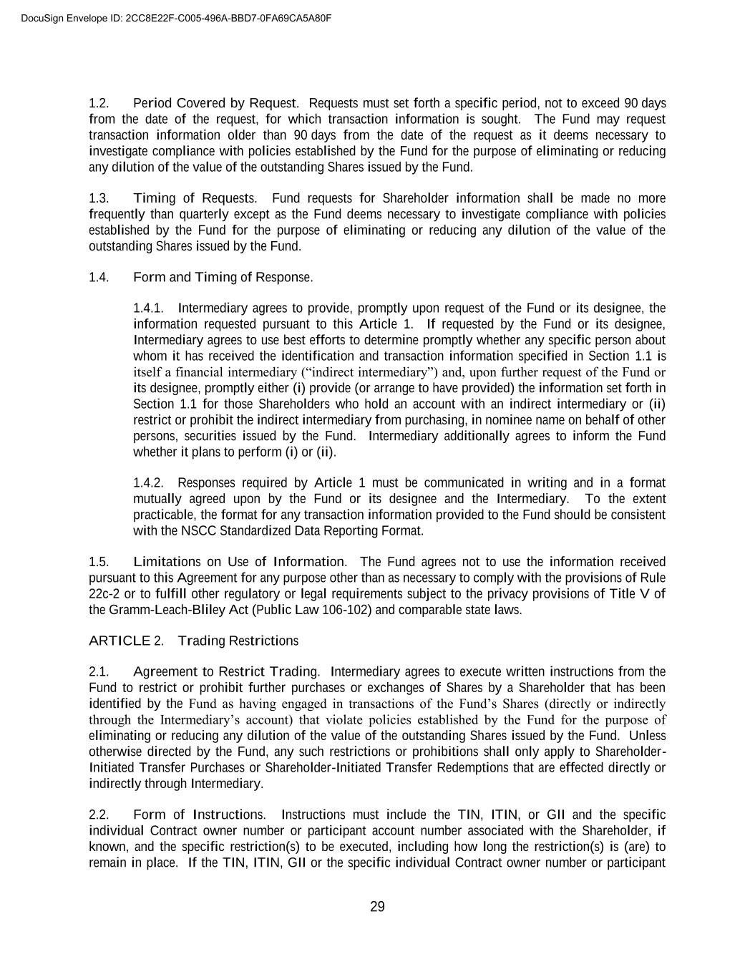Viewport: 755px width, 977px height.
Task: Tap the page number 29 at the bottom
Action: point(377,907)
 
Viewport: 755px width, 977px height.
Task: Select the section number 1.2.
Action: point(99,103)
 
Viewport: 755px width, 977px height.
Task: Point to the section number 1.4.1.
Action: point(148,308)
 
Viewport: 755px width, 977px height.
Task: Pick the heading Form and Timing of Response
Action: point(223,277)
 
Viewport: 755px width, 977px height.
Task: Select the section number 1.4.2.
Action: point(148,482)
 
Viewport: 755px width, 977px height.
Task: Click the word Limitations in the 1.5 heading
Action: point(167,562)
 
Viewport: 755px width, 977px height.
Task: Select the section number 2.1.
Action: point(99,671)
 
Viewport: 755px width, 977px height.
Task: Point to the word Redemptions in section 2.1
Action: point(527,767)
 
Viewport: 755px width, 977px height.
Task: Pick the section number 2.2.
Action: point(99,815)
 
